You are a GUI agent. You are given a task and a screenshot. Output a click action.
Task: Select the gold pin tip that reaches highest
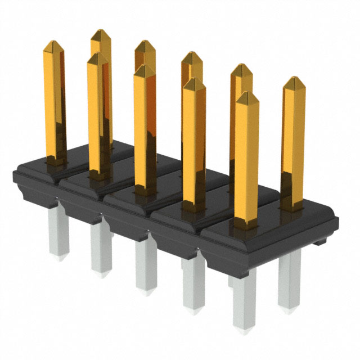[101, 29]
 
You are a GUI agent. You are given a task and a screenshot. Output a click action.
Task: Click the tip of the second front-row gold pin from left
[145, 67]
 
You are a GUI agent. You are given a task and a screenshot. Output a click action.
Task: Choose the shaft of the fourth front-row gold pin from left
[246, 163]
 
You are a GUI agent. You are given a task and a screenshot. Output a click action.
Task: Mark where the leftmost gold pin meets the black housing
[56, 161]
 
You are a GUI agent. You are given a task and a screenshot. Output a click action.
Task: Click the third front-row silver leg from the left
[146, 267]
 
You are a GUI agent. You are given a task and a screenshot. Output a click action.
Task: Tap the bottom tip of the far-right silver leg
[289, 309]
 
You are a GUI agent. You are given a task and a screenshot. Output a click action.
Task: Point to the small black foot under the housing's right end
[319, 242]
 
